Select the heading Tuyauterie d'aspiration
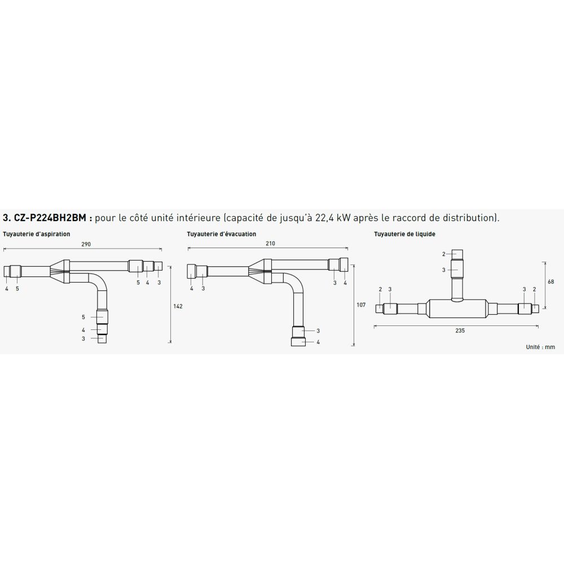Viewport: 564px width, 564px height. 36,234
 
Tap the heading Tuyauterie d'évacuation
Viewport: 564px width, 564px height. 222,234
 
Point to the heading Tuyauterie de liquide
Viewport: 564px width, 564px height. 404,234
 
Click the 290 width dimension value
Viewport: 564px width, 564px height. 86,244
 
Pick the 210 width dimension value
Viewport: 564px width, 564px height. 270,244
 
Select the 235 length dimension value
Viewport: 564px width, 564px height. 460,331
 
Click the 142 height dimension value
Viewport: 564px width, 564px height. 178,306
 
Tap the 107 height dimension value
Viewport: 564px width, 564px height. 361,305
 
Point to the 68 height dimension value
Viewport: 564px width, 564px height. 551,282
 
